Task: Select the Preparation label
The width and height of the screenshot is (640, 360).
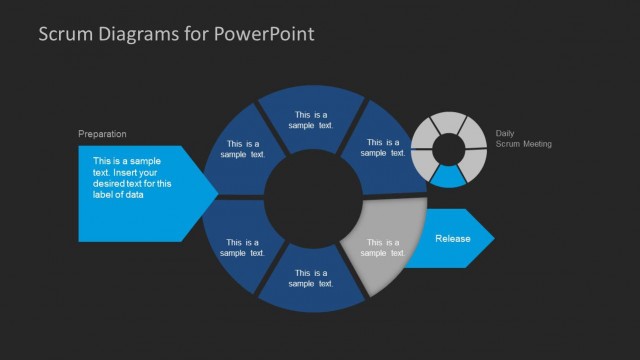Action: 103,134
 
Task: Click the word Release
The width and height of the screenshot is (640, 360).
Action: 452,239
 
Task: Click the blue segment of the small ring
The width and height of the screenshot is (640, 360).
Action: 448,176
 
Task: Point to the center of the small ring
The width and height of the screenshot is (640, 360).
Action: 448,148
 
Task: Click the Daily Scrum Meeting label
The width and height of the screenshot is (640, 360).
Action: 523,139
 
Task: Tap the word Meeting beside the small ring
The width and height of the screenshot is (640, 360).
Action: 537,144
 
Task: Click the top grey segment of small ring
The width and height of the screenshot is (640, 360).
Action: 448,122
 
